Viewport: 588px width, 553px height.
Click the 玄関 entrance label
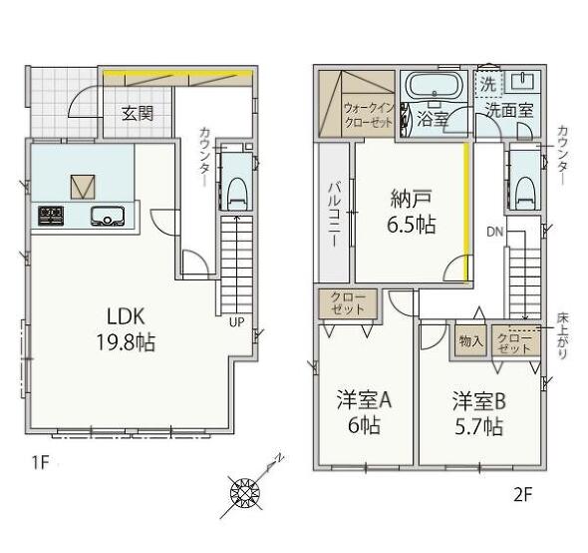(138, 113)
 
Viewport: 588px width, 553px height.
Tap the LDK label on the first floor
(126, 316)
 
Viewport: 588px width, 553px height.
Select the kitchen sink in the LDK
(108, 217)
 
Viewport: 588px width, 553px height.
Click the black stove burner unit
(51, 216)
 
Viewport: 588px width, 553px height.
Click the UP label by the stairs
(236, 322)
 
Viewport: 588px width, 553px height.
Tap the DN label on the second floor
(494, 232)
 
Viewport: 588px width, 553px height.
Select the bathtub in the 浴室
(434, 86)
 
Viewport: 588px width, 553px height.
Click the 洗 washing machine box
(488, 84)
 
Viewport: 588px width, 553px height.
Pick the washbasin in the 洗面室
(523, 80)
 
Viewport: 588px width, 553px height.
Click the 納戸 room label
(411, 199)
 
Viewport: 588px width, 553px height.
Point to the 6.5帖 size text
(412, 225)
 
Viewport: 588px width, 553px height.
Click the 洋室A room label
(364, 400)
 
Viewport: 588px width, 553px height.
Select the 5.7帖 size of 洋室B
(479, 427)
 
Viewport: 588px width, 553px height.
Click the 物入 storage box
(471, 340)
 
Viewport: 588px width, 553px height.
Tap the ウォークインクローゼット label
(369, 116)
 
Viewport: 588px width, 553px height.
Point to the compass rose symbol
(245, 492)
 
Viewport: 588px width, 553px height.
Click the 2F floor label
(523, 495)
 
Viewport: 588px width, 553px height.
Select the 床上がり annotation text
(562, 336)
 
